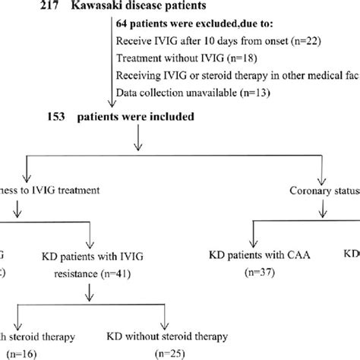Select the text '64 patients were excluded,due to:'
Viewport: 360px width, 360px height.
[x=190, y=24]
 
